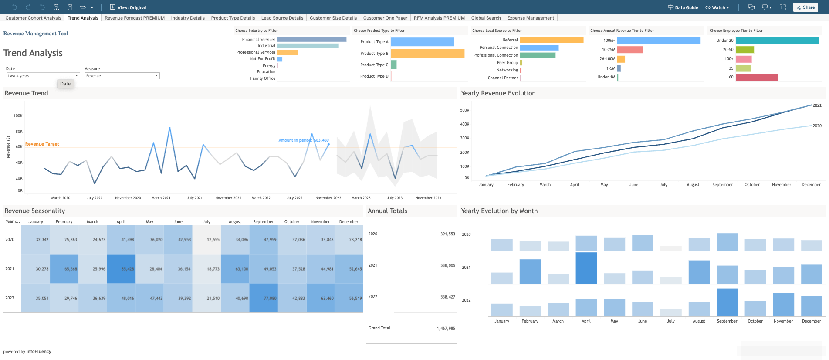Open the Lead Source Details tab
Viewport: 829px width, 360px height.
click(x=282, y=18)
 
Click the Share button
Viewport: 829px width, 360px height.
click(x=805, y=7)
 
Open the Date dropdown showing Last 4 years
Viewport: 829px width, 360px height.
click(x=43, y=76)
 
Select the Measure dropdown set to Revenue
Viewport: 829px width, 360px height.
click(x=122, y=76)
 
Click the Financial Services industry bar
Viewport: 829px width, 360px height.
click(x=311, y=39)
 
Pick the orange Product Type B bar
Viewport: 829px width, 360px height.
click(x=427, y=53)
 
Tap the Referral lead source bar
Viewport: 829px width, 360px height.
click(x=552, y=40)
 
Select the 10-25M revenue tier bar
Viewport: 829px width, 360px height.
click(x=630, y=50)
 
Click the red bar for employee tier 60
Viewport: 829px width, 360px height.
click(x=756, y=77)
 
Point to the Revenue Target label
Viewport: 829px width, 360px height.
click(x=42, y=144)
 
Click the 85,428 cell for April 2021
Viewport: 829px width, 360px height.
click(x=121, y=269)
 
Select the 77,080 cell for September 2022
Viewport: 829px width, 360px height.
click(x=264, y=298)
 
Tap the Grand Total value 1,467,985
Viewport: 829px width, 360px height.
click(x=446, y=329)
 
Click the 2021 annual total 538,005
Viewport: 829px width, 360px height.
click(x=447, y=265)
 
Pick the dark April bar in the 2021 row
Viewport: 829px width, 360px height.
click(x=586, y=268)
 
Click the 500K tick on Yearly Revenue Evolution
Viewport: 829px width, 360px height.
click(x=464, y=110)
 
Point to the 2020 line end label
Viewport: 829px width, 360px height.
click(x=817, y=126)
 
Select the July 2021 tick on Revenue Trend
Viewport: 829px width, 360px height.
click(x=195, y=198)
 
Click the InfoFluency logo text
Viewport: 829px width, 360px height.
click(x=39, y=352)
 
